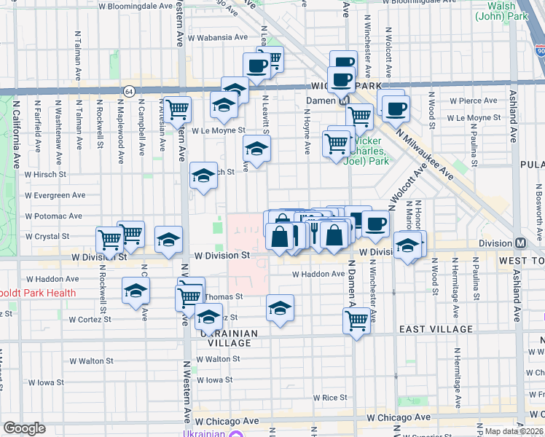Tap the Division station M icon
(x=520, y=243)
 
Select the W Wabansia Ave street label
(x=218, y=37)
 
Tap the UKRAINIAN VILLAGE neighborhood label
(x=219, y=337)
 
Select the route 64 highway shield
(x=129, y=91)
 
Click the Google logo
(x=24, y=428)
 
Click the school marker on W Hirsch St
(x=204, y=174)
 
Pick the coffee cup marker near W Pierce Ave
(x=396, y=109)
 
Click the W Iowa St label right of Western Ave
(x=213, y=379)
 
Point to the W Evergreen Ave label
(x=55, y=195)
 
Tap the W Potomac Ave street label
(x=54, y=216)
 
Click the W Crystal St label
(x=47, y=237)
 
